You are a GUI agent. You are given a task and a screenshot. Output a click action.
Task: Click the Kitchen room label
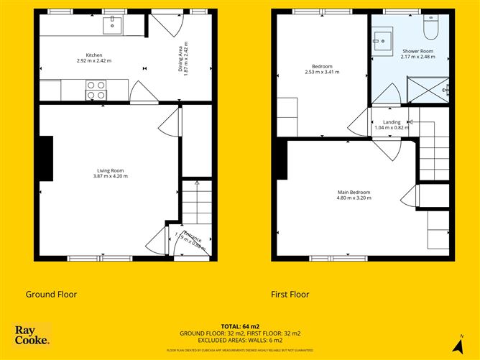[94, 55]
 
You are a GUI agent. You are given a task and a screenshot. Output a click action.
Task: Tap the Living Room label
[109, 170]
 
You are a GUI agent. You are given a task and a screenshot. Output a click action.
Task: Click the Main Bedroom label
[354, 192]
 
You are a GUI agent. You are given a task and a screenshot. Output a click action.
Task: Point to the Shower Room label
[417, 51]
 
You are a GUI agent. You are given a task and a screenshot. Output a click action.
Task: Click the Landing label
[392, 122]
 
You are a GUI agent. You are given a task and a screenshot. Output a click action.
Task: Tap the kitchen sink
[113, 26]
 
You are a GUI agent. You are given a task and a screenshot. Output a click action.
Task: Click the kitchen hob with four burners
[96, 90]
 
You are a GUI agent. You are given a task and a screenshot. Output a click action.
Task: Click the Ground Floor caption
[51, 294]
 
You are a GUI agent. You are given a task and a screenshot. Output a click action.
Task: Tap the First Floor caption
[290, 294]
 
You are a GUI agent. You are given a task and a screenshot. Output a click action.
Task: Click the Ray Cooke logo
[32, 336]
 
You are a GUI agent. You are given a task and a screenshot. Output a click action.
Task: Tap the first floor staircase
[434, 151]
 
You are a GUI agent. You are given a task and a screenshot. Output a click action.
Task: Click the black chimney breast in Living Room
[47, 158]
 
